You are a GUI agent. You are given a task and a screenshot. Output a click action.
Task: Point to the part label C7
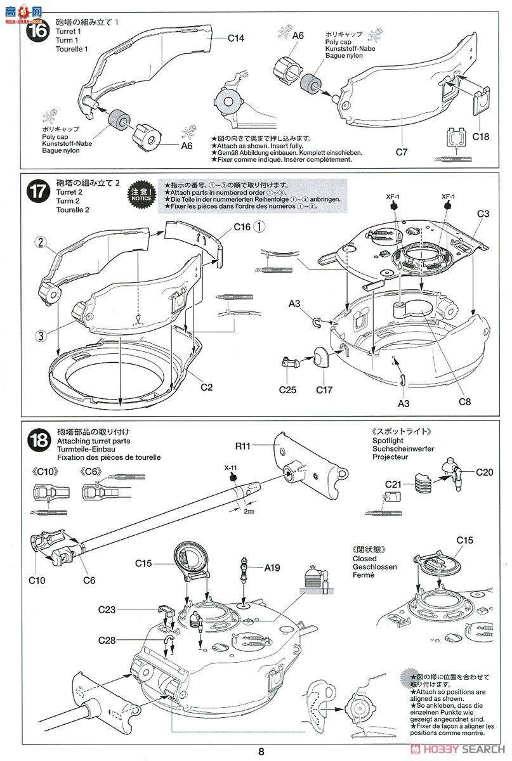point(400,152)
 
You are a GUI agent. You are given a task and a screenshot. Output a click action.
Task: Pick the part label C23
point(107,609)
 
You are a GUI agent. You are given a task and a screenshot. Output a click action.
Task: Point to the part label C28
point(107,641)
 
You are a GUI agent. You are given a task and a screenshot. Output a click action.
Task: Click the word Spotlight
point(388,440)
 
